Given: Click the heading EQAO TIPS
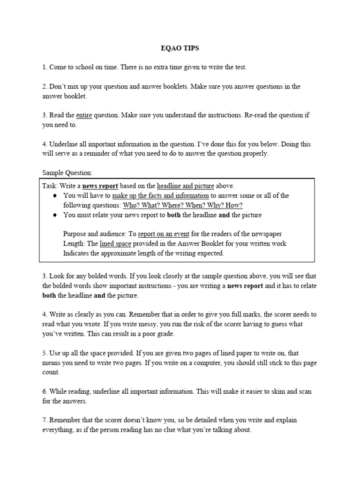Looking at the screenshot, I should pos(180,48).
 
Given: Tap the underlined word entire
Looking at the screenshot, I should pos(84,115).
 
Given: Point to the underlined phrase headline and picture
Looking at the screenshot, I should pos(186,186).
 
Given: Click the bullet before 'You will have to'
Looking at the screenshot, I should pos(55,195).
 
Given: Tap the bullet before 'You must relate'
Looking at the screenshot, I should pos(55,215).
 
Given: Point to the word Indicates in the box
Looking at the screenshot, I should pos(77,253).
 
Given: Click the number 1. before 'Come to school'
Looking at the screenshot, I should pos(45,67).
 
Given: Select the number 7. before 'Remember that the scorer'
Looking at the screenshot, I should pos(45,420).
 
